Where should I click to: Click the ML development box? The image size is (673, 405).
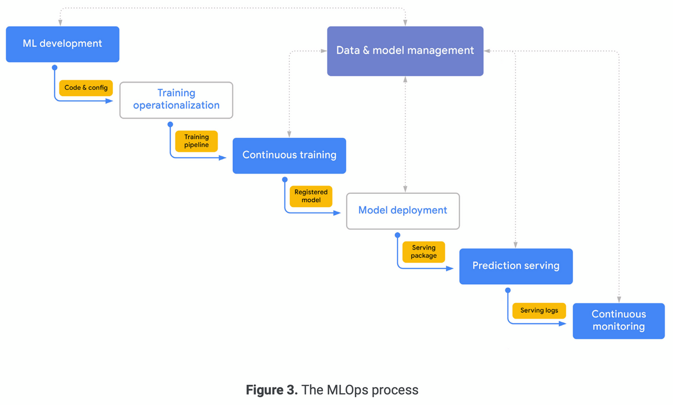pyautogui.click(x=62, y=44)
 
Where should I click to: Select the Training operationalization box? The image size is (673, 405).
pyautogui.click(x=176, y=99)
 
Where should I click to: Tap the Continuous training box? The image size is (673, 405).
pyautogui.click(x=289, y=155)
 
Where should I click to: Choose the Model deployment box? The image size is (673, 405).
pyautogui.click(x=403, y=211)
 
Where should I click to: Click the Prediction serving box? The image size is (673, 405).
pyautogui.click(x=515, y=266)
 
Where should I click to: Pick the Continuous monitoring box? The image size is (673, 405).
pyautogui.click(x=619, y=321)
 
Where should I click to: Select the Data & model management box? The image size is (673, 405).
pyautogui.click(x=405, y=51)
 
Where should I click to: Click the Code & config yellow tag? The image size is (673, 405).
pyautogui.click(x=86, y=88)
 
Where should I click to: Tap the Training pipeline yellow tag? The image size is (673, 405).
pyautogui.click(x=196, y=141)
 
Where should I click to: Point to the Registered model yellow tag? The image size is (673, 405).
pyautogui.click(x=311, y=196)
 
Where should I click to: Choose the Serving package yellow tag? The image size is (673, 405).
pyautogui.click(x=423, y=252)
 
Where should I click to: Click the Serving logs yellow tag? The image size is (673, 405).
pyautogui.click(x=539, y=311)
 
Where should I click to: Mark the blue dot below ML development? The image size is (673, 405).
pyautogui.click(x=54, y=67)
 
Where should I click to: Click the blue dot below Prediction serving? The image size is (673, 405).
pyautogui.click(x=508, y=290)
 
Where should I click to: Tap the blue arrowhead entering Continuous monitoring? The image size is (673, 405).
pyautogui.click(x=569, y=323)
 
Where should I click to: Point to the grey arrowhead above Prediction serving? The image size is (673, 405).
pyautogui.click(x=515, y=245)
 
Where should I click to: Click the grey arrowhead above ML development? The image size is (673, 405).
pyautogui.click(x=60, y=22)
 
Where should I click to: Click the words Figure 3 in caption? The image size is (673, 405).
pyautogui.click(x=272, y=390)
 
